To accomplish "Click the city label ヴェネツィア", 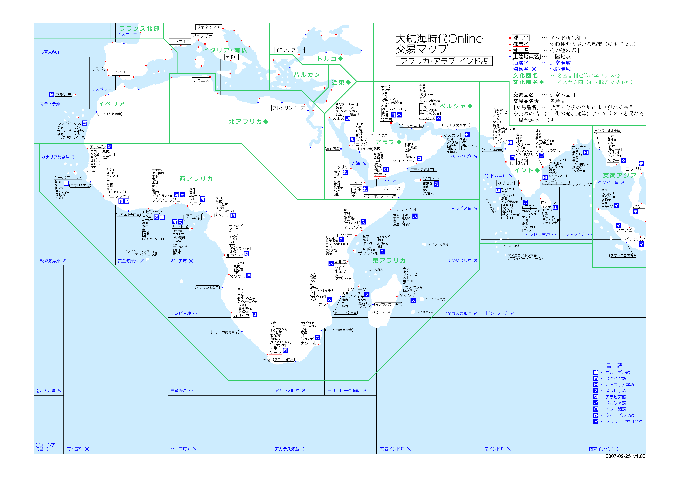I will coord(208,27).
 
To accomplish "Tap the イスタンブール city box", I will coord(289,50).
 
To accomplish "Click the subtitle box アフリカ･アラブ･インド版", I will coord(444,61).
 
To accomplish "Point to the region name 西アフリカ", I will coord(196,179).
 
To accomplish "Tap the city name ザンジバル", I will coord(368,253).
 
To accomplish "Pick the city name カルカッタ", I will coord(581,147).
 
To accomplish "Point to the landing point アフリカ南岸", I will coord(284,360).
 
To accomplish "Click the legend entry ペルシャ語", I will coord(615,403).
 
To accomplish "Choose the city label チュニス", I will coord(201,80).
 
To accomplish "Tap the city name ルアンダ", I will coord(234,255).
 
